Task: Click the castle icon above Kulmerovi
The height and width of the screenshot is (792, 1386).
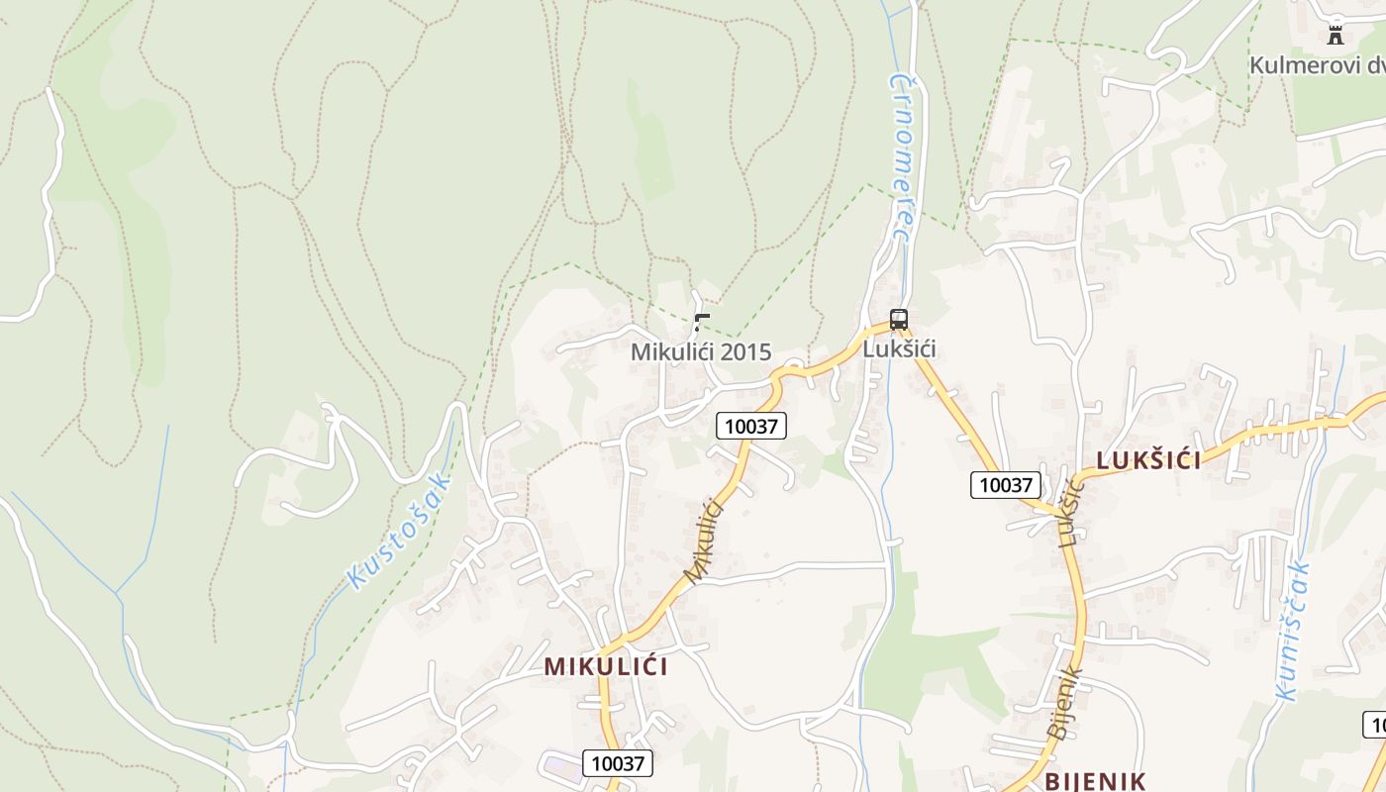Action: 1336,36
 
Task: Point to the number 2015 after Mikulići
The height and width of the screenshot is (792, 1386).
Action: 742,352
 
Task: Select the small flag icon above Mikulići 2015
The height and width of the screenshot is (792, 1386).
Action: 702,322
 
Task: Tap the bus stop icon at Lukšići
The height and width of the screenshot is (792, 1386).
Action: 899,320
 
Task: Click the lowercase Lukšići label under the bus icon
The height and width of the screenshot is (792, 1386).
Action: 899,349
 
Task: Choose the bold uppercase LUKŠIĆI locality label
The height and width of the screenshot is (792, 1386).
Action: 1148,460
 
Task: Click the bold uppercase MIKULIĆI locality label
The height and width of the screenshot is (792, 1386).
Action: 606,666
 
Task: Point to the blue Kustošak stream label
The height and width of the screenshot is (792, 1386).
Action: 399,532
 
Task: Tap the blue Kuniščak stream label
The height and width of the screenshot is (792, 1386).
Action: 1294,632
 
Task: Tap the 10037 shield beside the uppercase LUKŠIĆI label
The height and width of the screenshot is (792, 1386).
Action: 1005,485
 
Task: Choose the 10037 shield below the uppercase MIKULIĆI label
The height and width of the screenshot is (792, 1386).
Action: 618,763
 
